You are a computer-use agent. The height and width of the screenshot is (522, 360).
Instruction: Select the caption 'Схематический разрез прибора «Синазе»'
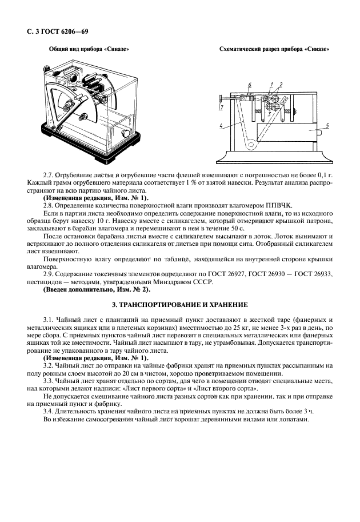[276, 49]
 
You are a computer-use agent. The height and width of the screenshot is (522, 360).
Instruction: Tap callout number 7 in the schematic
[221, 106]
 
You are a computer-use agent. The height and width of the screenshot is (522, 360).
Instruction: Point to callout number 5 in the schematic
[327, 125]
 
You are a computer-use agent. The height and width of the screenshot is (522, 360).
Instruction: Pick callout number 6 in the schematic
[250, 85]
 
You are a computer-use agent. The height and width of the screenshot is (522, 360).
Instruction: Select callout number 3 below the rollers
[269, 114]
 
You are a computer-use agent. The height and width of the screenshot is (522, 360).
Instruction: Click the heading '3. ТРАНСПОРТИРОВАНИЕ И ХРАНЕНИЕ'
[179, 305]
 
